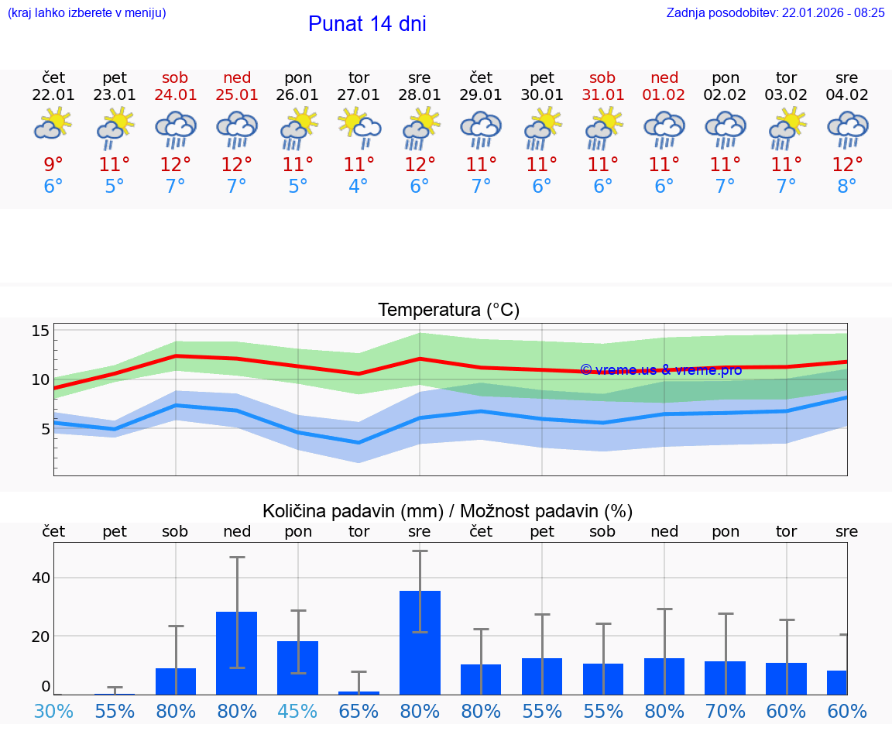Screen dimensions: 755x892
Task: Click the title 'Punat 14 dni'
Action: tap(367, 24)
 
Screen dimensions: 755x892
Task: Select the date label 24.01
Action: tap(175, 95)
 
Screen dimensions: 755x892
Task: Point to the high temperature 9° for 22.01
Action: tap(53, 164)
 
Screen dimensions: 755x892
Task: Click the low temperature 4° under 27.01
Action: tap(359, 187)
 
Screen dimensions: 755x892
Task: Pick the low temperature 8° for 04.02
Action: tap(847, 187)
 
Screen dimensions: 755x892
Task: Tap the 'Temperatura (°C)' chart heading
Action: tap(448, 311)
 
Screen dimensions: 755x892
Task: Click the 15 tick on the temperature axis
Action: tap(40, 331)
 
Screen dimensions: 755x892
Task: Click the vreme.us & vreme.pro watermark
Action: tap(660, 370)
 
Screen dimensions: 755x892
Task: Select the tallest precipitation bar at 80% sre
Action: tap(420, 642)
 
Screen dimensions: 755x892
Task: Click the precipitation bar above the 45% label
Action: tap(298, 667)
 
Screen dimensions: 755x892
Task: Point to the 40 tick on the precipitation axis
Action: tap(40, 578)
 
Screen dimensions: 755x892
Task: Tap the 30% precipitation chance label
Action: tap(53, 711)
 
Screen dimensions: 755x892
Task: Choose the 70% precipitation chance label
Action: tap(726, 711)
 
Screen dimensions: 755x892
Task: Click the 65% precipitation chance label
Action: tap(359, 711)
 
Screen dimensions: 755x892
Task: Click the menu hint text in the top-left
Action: tap(87, 12)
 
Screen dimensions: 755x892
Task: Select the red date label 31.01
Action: tap(602, 95)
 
